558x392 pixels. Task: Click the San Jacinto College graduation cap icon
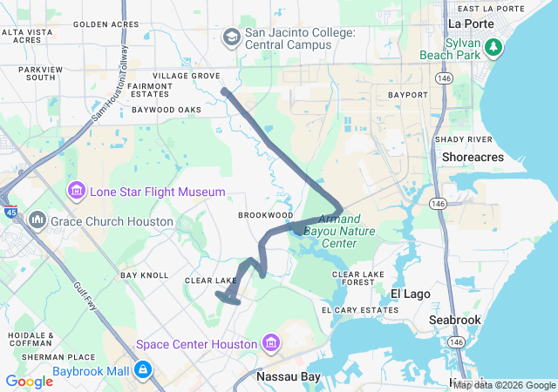tap(232, 37)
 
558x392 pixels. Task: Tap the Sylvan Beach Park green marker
tap(494, 46)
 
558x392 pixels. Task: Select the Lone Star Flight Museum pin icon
tap(76, 191)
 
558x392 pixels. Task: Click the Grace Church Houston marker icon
tap(37, 220)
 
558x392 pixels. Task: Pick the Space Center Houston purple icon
tap(271, 343)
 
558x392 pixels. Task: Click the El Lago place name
tap(410, 294)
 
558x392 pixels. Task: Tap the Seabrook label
tap(454, 320)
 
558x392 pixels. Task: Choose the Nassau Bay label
tap(288, 377)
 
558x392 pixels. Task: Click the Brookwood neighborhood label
tap(265, 214)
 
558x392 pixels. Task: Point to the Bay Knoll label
tap(144, 275)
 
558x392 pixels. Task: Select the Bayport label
tap(407, 94)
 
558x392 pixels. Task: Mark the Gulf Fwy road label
tap(87, 296)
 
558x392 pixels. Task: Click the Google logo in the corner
tap(29, 382)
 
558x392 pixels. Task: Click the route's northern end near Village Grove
tap(225, 91)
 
